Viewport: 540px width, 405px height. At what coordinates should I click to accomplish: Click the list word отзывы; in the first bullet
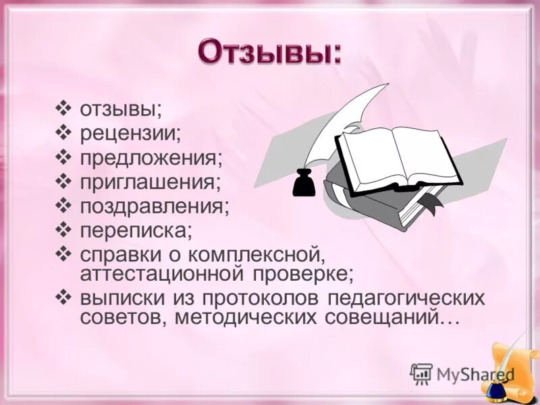(121, 109)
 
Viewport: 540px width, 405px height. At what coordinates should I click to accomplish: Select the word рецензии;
(130, 133)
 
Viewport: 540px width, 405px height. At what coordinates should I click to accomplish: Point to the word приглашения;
(150, 182)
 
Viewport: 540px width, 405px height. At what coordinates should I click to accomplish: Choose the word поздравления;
(155, 206)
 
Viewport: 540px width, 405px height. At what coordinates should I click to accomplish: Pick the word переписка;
(136, 230)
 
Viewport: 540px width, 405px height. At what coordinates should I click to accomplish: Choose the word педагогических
(408, 298)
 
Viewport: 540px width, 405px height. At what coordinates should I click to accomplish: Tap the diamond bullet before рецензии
(64, 132)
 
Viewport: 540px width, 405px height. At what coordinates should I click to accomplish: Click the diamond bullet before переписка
(64, 230)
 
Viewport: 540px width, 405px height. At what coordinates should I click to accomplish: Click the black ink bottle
(304, 182)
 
